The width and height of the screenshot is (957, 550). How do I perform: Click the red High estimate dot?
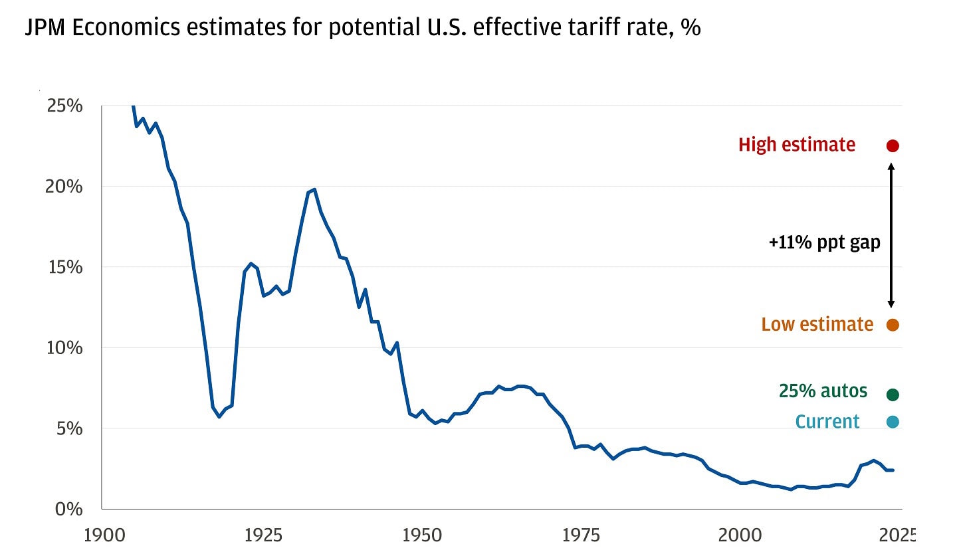coord(893,145)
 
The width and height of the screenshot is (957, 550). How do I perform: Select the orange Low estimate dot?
coord(893,325)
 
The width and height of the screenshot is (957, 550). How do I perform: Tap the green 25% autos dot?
coord(893,395)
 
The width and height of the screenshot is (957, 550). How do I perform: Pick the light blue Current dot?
coord(893,422)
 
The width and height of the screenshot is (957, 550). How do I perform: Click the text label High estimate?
coord(797,145)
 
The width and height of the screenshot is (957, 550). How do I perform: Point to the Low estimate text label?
coord(817,324)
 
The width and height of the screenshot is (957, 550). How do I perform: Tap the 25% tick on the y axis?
coord(64,106)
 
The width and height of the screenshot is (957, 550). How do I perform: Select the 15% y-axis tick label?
coord(64,267)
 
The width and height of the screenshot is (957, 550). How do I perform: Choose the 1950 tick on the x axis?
coord(423,535)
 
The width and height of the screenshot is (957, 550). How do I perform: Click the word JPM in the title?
coord(47,29)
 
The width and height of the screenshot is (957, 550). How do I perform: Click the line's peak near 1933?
coord(314,189)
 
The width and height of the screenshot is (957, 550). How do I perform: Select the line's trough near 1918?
coord(219,416)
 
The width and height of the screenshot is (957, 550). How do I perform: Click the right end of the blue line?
coord(893,470)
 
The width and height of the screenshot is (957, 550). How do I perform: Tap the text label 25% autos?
coord(823,391)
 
